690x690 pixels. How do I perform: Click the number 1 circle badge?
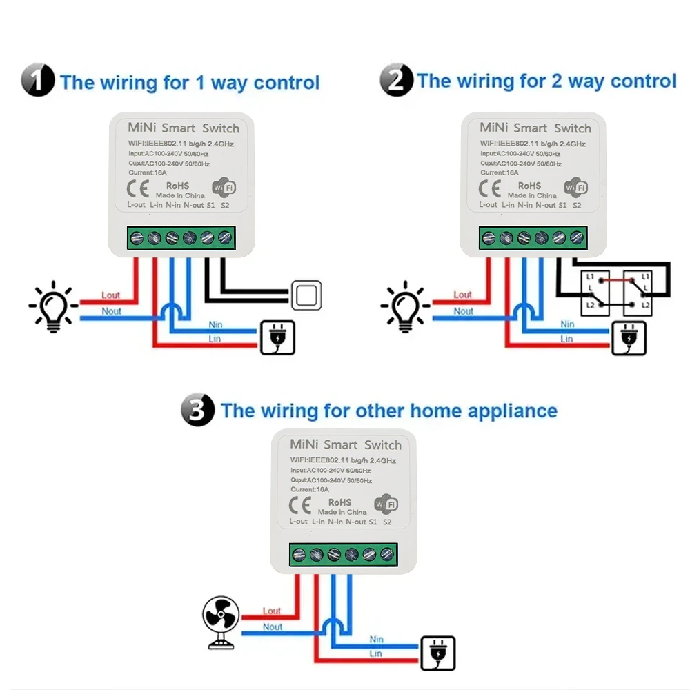click(x=37, y=81)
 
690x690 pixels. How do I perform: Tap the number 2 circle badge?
click(x=396, y=81)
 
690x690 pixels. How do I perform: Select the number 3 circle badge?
click(x=198, y=411)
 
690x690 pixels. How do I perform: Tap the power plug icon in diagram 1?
click(x=277, y=337)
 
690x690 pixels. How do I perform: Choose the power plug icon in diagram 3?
click(x=438, y=653)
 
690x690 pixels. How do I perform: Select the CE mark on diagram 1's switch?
click(x=138, y=188)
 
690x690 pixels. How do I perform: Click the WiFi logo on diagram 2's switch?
click(x=575, y=187)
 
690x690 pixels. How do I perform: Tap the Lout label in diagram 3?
click(x=272, y=611)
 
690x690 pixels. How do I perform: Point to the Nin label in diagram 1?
click(x=215, y=324)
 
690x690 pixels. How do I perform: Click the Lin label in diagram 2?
click(x=566, y=339)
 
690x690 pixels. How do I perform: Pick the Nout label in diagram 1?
click(x=111, y=311)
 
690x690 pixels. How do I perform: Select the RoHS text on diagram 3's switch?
click(x=339, y=502)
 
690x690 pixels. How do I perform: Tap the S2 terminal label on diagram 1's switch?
click(x=225, y=205)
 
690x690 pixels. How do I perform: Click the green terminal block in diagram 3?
click(x=343, y=553)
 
